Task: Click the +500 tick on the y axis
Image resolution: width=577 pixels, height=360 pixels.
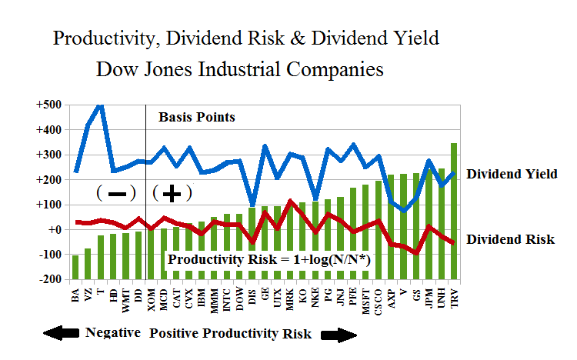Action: (52, 105)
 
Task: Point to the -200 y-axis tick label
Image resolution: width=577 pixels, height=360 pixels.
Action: (53, 279)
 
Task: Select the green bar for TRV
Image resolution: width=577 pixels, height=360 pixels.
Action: (454, 210)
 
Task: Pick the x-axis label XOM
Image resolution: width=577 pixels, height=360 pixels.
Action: (151, 297)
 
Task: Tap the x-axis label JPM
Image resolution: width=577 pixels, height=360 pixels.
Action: (429, 297)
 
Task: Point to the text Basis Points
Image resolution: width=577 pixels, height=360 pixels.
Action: (196, 118)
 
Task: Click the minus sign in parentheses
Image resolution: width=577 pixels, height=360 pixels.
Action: (117, 193)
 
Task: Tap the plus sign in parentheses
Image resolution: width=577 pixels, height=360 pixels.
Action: (172, 193)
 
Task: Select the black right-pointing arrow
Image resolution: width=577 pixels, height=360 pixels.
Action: (339, 335)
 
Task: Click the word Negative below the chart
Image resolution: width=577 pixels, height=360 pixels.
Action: (112, 332)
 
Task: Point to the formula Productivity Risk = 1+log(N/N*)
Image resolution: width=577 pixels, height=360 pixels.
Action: (269, 260)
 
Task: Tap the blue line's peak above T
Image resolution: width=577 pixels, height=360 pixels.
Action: (101, 106)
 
